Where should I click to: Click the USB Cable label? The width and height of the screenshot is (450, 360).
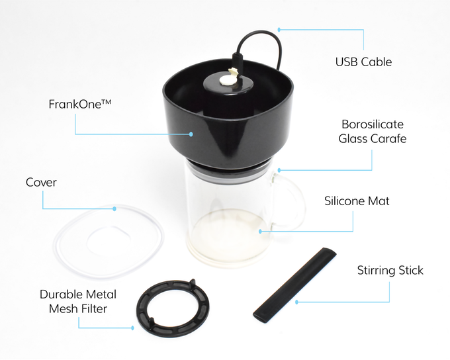pos(363,62)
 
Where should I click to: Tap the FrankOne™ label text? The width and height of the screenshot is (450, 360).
pos(80,104)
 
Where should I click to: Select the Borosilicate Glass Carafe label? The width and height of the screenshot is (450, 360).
pos(373,132)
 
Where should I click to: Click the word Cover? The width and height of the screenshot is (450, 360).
pos(41,182)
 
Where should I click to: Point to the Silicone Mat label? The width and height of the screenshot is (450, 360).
pos(357,201)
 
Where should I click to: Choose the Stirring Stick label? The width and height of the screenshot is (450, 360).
pos(390,271)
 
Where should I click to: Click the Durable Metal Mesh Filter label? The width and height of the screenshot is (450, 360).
pos(78,302)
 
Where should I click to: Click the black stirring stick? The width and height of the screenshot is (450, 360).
pos(294,285)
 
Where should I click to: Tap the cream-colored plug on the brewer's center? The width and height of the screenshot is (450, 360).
pos(228,78)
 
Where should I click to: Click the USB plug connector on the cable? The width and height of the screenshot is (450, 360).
pos(238,61)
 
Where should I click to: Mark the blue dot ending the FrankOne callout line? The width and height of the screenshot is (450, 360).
pos(191,134)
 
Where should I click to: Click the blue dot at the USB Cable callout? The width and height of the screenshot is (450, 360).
pos(279,29)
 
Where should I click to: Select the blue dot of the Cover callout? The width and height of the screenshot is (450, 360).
pos(114,208)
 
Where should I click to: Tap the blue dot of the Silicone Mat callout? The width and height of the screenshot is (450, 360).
pos(260,232)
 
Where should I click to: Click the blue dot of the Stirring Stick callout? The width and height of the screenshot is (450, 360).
pos(296,302)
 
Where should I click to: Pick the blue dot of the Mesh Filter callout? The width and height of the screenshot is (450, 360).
pos(132,328)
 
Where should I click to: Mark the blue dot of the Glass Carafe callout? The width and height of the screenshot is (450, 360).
pos(279,170)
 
